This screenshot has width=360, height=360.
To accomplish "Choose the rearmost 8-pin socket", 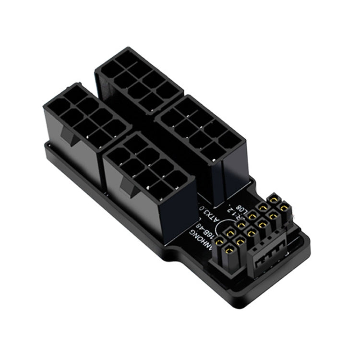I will (139, 77).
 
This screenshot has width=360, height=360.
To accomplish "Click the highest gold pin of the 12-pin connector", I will (274, 198).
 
